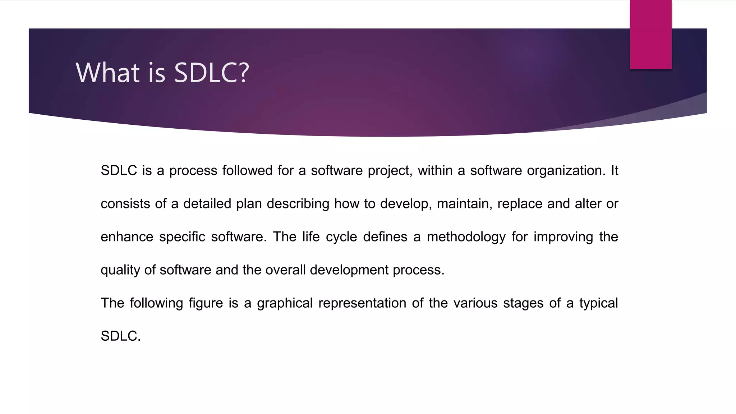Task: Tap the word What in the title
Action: pos(107,73)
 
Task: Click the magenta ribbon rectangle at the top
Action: pos(650,34)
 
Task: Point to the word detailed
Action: pos(207,204)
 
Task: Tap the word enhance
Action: pos(127,237)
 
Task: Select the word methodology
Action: pos(466,237)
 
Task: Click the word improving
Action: pos(563,237)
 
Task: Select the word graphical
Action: pos(285,303)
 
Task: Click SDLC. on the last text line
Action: pos(121,336)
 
